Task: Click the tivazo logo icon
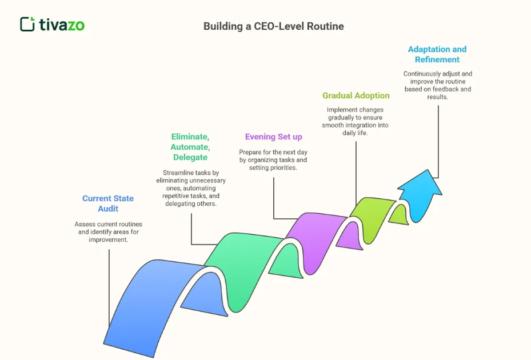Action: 27,24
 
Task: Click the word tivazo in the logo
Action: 62,25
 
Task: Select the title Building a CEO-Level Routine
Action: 274,26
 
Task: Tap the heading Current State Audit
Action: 108,203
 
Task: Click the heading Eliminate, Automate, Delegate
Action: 190,147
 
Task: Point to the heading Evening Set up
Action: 273,137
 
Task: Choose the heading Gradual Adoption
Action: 356,95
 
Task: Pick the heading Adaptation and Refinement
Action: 437,54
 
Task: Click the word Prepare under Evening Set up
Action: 252,152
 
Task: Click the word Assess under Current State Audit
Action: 86,225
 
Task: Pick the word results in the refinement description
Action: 438,97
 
